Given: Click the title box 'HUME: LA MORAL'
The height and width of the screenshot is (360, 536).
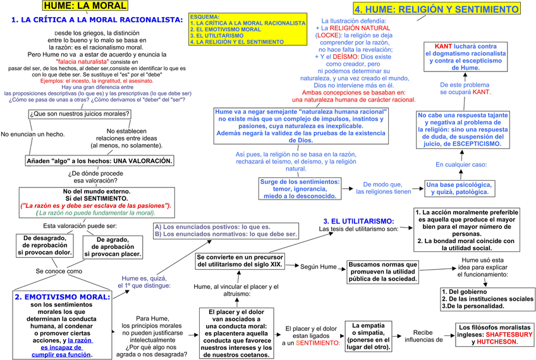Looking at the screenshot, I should pyautogui.click(x=84, y=6).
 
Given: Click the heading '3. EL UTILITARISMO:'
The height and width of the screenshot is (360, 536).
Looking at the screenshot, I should pyautogui.click(x=358, y=221).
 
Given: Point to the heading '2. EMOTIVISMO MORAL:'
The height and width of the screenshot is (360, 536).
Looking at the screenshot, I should pyautogui.click(x=62, y=296).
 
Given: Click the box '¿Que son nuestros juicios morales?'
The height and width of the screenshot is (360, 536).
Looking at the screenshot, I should pyautogui.click(x=80, y=114).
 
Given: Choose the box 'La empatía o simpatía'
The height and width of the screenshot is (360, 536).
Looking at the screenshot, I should pyautogui.click(x=368, y=335).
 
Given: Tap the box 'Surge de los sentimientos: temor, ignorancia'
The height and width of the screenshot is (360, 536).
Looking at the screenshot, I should pyautogui.click(x=300, y=188).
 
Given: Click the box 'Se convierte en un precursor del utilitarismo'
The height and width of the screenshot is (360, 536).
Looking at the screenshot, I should pyautogui.click(x=240, y=261).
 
